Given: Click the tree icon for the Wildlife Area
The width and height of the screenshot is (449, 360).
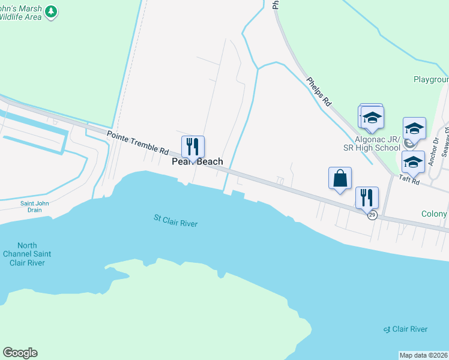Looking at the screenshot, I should tap(52, 11).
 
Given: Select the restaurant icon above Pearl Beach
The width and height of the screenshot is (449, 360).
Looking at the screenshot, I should tap(193, 146).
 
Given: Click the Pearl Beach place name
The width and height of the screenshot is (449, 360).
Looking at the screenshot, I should tap(197, 161).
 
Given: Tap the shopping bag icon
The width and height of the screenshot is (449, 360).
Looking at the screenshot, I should tap(340, 178).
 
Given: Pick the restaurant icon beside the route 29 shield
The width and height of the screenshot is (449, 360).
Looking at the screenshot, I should tap(366, 197).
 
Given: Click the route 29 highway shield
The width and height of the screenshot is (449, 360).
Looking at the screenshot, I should tap(372, 215).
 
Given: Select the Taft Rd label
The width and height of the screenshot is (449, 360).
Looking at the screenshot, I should tap(424, 179).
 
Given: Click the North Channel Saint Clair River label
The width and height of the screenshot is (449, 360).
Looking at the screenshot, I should tap(27, 254).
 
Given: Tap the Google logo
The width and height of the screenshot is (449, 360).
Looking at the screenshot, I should tap(20, 353).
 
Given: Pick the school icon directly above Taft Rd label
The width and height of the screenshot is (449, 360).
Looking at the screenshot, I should tap(413, 163).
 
